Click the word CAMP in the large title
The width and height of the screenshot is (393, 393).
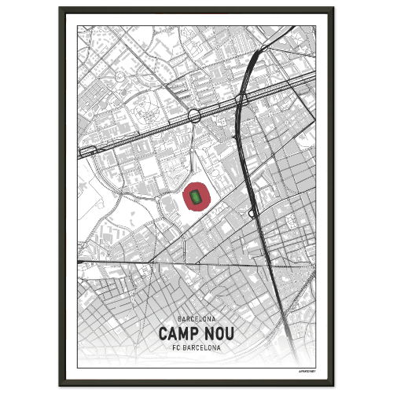tap(178, 334)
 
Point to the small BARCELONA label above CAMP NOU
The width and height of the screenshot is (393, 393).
tap(196, 319)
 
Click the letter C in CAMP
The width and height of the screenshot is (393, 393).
tap(163, 334)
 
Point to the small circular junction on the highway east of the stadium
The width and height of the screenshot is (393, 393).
tap(251, 213)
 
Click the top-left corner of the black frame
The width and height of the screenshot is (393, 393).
tap(60, 9)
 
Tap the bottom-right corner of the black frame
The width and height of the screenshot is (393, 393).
tap(332, 384)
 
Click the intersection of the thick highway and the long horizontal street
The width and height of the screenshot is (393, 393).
tap(269, 266)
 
